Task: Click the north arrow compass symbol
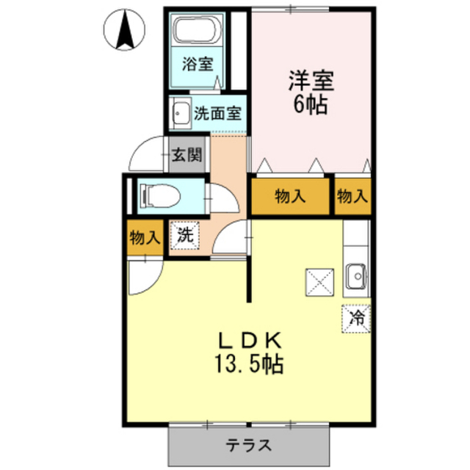pos(124,29)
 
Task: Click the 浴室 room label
pos(198,64)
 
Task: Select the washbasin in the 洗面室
pos(180,113)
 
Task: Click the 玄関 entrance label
pos(187,155)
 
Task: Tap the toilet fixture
pos(160,196)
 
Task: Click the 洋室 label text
pos(311,81)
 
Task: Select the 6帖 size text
pos(310,105)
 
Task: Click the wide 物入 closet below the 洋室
pos(290,197)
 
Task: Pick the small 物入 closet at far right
pos(352,197)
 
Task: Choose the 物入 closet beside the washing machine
pos(145,238)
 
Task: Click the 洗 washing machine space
pos(184,235)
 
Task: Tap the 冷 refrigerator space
pos(356,319)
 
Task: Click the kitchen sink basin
pos(355,276)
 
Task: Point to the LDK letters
pos(250,340)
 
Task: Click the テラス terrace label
pos(249,445)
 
